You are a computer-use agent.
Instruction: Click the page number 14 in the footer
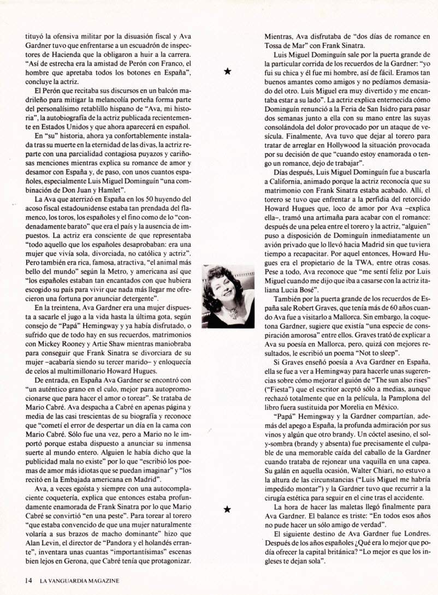(x=29, y=581)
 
